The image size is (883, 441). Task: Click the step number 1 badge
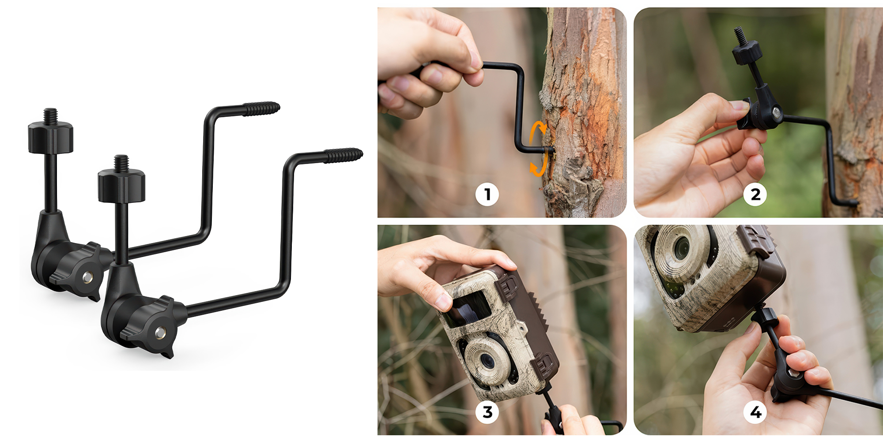point(487,194)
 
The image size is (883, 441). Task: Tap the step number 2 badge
point(755,194)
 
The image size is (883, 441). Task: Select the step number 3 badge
point(487,412)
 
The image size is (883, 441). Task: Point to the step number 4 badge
point(755,412)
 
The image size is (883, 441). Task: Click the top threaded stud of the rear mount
point(50,116)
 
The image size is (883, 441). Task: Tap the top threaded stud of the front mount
point(121,163)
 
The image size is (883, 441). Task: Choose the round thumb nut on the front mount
point(121,187)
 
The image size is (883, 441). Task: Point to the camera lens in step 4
point(681,247)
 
